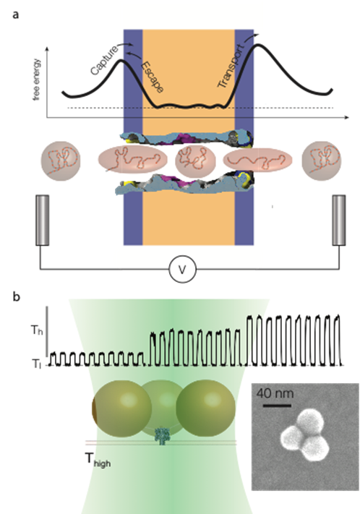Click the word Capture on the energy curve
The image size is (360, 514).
point(104,60)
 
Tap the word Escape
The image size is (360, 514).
point(152,77)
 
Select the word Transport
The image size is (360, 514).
point(231,67)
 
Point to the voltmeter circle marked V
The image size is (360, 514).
point(183,270)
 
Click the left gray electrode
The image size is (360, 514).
point(43,220)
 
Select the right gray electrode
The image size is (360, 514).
point(339,220)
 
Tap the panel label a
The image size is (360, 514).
point(15,14)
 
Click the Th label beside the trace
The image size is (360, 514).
point(37,330)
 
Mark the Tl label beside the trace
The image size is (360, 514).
point(36,364)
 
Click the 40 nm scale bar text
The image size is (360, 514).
point(275,393)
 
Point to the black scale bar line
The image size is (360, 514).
point(277,406)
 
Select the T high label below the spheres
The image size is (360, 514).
point(98,459)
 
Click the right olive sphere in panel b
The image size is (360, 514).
point(206,408)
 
